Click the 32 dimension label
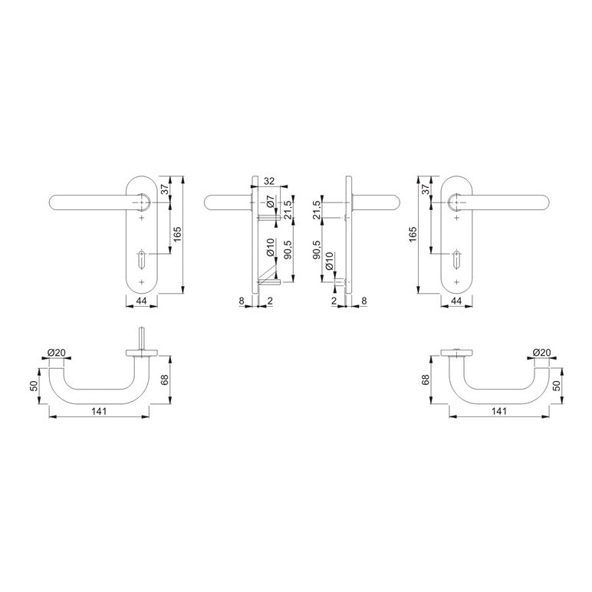coord(269,181)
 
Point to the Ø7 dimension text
coord(271,203)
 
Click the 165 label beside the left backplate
coord(178,234)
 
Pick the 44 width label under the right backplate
coord(456,301)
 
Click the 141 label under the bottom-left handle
coord(99,411)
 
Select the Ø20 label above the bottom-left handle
coord(56,353)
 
